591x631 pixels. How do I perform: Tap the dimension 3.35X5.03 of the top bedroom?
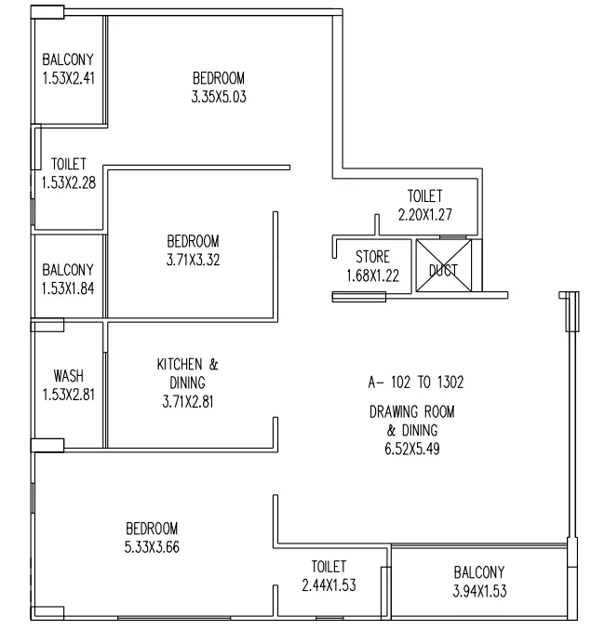pyautogui.click(x=219, y=95)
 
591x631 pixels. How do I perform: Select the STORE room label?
pyautogui.click(x=372, y=256)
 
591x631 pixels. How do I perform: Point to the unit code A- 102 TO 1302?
pyautogui.click(x=417, y=382)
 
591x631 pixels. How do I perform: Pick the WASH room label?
pyautogui.click(x=68, y=376)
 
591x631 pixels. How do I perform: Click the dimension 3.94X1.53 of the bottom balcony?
pyautogui.click(x=479, y=589)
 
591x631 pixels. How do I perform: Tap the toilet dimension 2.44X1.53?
pyautogui.click(x=329, y=584)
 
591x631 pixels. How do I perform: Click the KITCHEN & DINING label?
pyautogui.click(x=188, y=373)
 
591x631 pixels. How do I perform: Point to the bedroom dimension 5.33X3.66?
pyautogui.click(x=152, y=546)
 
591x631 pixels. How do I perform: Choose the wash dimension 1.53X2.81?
pyautogui.click(x=68, y=393)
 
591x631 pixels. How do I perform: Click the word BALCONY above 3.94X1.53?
pyautogui.click(x=479, y=571)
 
